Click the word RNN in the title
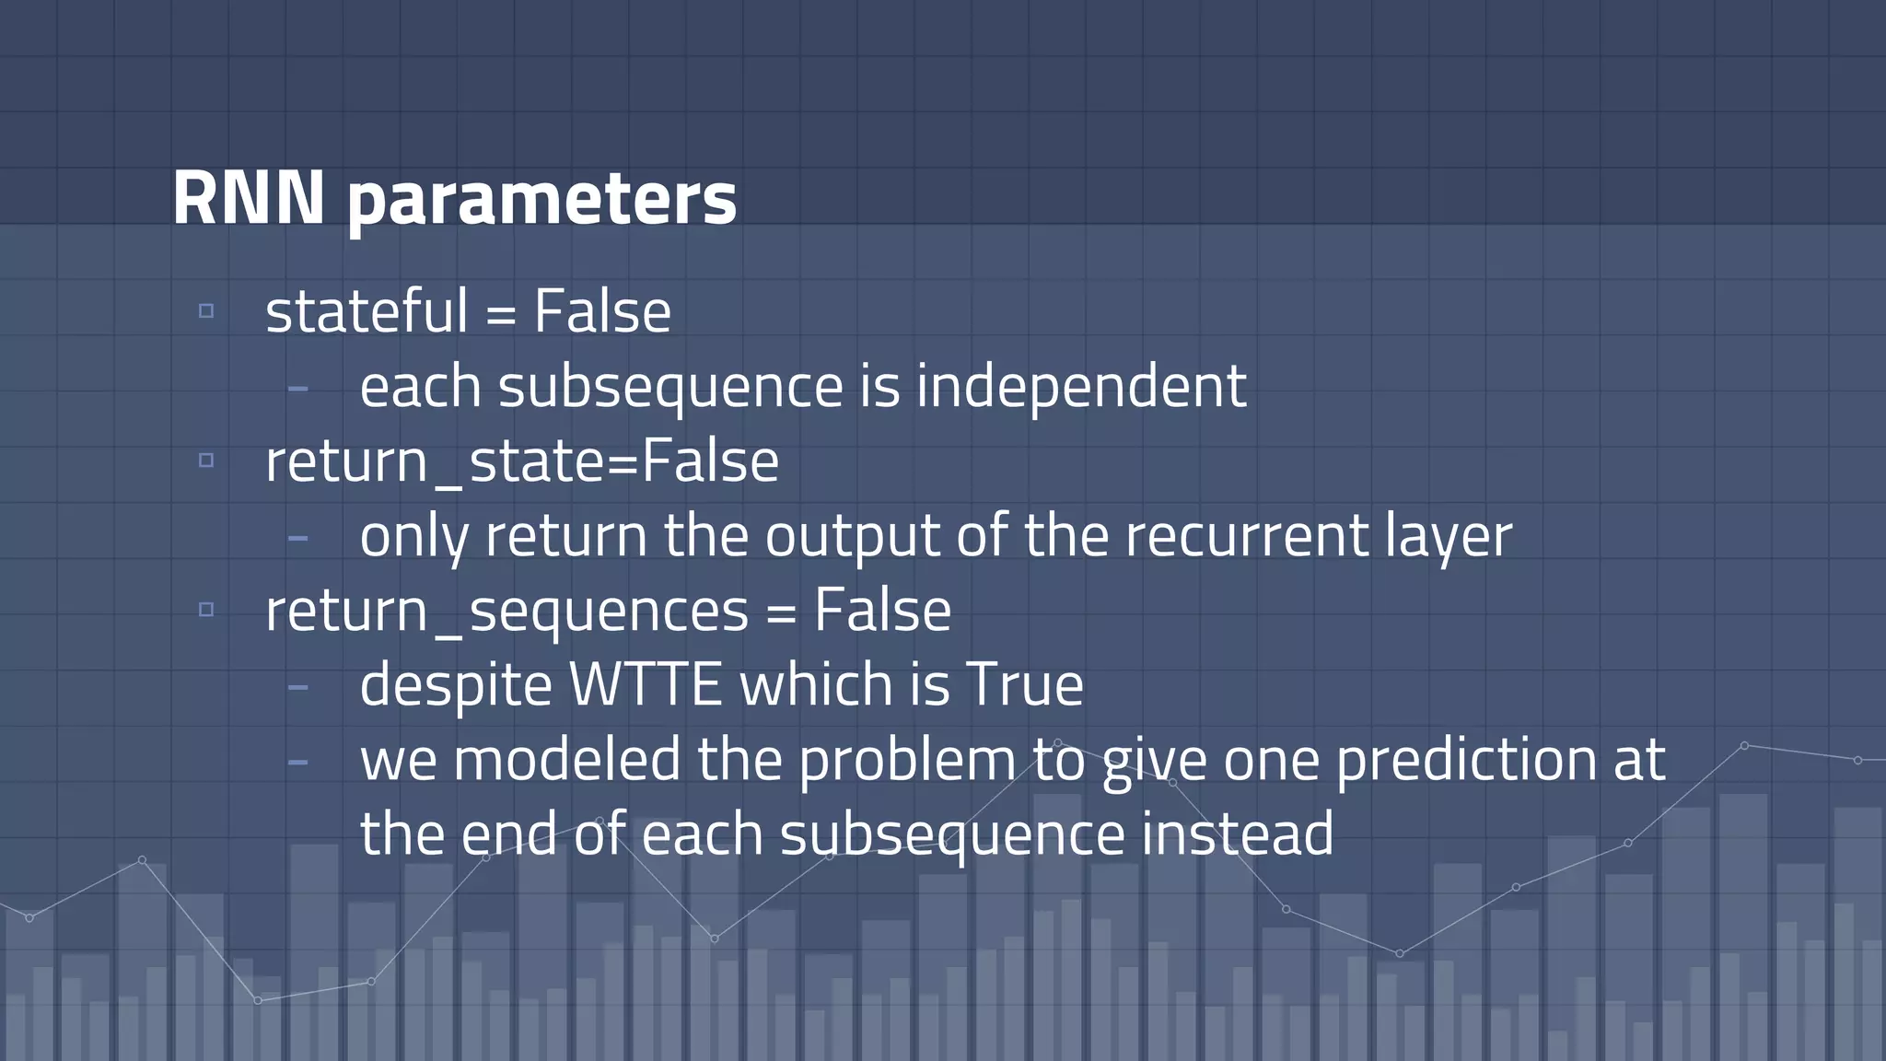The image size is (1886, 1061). (249, 198)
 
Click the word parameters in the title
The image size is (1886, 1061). (541, 201)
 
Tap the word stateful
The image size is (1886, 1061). (367, 311)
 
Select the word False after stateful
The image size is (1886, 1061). (602, 311)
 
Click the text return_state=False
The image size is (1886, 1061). (521, 461)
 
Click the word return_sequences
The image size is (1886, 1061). (506, 611)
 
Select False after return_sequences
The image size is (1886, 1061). (882, 611)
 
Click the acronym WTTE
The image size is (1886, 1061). (646, 685)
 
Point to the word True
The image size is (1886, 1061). (1024, 685)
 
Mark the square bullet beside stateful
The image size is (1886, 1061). (206, 311)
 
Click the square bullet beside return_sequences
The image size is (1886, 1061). (206, 610)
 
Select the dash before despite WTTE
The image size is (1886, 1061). (297, 686)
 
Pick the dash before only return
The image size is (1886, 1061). (297, 537)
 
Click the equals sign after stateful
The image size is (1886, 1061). (500, 315)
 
